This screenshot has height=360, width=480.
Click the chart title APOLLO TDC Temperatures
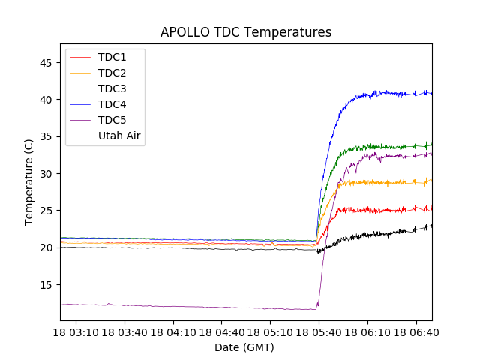(246, 32)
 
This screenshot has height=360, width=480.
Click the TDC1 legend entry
(112, 57)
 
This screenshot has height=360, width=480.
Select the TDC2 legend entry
(112, 73)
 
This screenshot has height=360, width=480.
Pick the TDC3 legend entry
(112, 88)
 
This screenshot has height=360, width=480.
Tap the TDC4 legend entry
(112, 104)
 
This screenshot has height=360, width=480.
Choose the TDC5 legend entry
(112, 120)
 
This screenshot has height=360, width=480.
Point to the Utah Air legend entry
(119, 136)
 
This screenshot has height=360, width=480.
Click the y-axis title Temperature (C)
(29, 182)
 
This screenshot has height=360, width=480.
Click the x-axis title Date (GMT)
(244, 347)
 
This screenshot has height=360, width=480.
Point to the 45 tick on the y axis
(46, 62)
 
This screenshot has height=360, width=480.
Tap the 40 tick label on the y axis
(46, 99)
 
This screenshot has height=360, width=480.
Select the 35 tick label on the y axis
(46, 136)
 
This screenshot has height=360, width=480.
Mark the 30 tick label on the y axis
(46, 173)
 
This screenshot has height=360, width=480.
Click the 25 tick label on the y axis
(46, 211)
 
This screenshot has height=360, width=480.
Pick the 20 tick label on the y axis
(46, 247)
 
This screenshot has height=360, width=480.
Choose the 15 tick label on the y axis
(46, 285)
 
